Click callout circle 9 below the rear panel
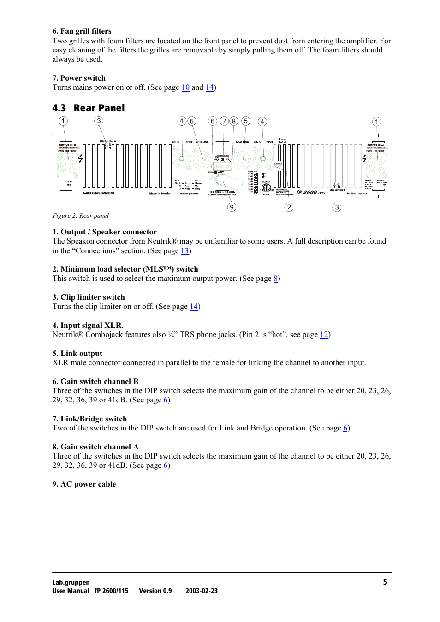(232, 207)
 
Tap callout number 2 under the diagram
(289, 207)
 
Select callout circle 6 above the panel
(212, 121)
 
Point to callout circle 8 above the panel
(234, 121)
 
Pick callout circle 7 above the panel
(224, 121)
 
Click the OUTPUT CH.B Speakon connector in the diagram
(67, 165)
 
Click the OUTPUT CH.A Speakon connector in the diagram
(376, 165)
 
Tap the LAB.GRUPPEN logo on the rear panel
(99, 193)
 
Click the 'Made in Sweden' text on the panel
(160, 194)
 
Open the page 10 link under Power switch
(185, 87)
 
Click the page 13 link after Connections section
(184, 251)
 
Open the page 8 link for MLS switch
(275, 279)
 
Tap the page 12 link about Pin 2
(324, 335)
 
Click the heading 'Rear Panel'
(99, 108)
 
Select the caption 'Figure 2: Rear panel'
(81, 216)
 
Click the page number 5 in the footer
(385, 582)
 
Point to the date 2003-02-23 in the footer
(202, 591)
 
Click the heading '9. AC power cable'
(84, 484)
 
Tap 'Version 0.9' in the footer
(155, 591)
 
